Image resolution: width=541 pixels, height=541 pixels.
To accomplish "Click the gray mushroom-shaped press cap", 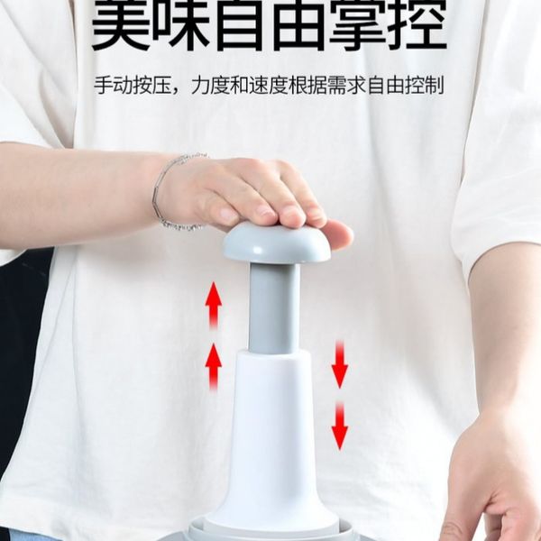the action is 276,243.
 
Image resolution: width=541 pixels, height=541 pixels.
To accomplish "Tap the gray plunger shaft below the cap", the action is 274,308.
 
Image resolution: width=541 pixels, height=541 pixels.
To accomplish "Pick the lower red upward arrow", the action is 214,367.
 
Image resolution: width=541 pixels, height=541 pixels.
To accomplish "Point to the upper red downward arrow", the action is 340,364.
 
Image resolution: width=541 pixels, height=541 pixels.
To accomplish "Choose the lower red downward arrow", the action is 340,426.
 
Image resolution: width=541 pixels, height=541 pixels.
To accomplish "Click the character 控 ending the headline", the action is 418,24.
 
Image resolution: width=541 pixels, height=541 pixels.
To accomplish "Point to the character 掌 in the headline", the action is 360,24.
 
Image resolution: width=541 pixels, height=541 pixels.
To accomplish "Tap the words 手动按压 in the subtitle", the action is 133,86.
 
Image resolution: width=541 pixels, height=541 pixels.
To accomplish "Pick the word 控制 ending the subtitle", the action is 425,86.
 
